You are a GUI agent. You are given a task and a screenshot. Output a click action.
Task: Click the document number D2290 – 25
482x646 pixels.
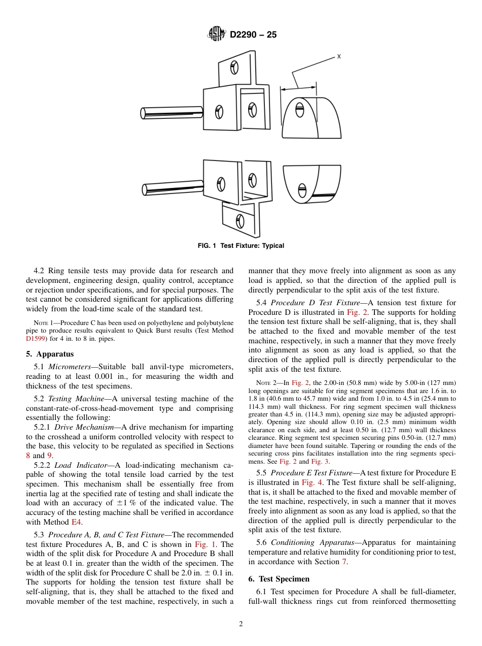[x=253, y=35]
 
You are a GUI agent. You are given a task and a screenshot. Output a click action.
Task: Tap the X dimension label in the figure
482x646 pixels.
[x=338, y=57]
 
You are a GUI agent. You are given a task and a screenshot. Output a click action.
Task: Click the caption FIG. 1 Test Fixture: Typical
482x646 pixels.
[x=240, y=246]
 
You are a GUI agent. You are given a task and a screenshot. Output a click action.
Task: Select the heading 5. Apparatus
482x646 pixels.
[x=50, y=354]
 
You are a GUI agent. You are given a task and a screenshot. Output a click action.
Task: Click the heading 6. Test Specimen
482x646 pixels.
[x=279, y=579]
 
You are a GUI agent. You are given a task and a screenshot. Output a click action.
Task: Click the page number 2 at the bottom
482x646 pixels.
[x=240, y=624]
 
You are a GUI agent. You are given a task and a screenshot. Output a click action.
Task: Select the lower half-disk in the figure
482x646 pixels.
[x=311, y=184]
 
